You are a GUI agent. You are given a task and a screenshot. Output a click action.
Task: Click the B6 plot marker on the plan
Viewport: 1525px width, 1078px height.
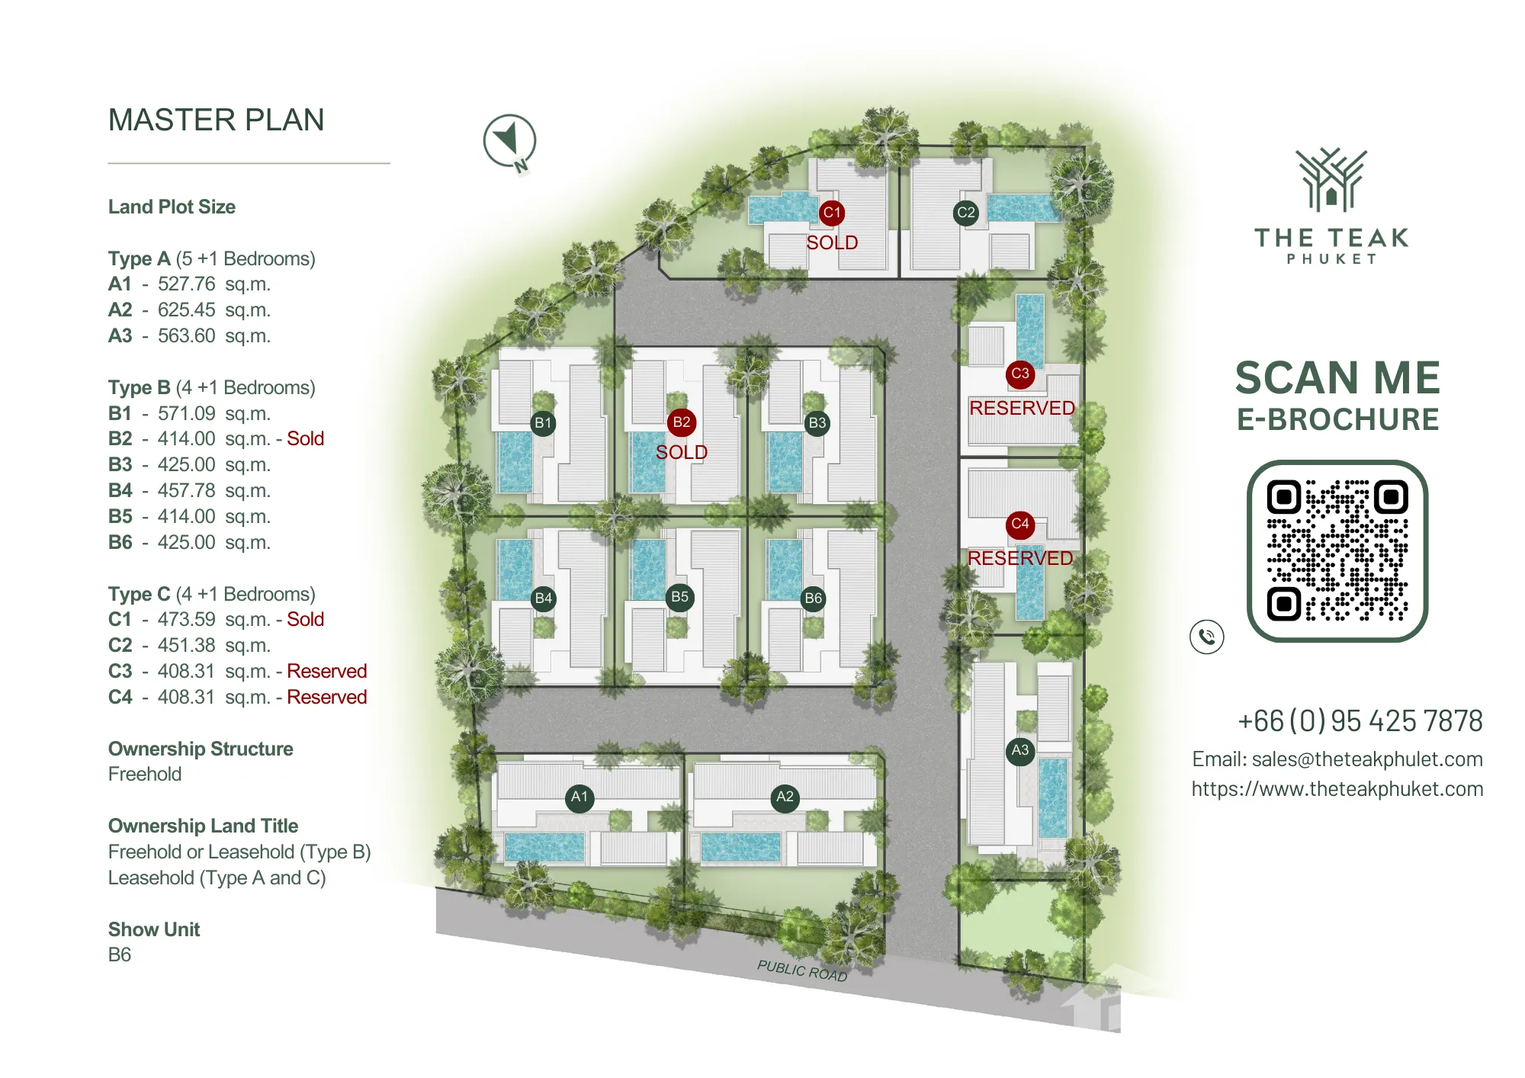point(814,598)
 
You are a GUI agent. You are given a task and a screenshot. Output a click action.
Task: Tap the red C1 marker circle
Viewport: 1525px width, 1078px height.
point(832,213)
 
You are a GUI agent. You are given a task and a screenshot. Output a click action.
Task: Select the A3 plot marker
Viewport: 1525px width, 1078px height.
point(1020,750)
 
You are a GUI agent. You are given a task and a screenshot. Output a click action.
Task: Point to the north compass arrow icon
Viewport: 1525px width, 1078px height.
point(510,142)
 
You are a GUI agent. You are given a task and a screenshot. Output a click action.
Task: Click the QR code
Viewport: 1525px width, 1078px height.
point(1337,550)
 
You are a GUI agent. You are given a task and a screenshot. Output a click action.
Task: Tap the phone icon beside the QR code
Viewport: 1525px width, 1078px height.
point(1207,637)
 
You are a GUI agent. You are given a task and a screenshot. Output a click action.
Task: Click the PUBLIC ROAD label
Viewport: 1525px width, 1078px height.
point(802,971)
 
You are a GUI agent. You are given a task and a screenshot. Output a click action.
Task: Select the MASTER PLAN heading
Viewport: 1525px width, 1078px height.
point(217,120)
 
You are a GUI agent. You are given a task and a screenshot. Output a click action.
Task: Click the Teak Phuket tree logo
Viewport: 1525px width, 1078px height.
point(1331,180)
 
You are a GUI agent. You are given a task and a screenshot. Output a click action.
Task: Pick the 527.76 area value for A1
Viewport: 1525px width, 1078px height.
point(186,284)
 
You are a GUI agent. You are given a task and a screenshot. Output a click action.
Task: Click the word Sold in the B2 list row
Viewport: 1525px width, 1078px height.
point(306,438)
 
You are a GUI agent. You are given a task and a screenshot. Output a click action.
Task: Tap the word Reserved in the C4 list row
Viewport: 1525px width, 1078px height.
point(327,697)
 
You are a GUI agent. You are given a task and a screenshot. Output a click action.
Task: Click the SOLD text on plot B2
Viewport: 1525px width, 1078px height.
point(682,452)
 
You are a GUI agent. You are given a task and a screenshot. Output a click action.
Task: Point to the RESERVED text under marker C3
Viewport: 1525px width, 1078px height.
point(1022,408)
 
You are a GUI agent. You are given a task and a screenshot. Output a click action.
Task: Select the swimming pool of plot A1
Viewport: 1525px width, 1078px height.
point(544,847)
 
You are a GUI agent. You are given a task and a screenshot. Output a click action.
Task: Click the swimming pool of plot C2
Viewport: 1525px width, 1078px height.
point(1023,207)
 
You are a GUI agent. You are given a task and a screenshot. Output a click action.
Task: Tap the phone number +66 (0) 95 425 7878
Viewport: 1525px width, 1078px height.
point(1360,720)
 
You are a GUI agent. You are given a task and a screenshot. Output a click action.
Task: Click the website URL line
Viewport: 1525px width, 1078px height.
point(1337,788)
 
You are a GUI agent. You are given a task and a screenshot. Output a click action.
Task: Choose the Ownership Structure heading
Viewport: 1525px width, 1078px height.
point(201,749)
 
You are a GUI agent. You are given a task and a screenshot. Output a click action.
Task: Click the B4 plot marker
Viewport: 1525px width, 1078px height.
point(544,598)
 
